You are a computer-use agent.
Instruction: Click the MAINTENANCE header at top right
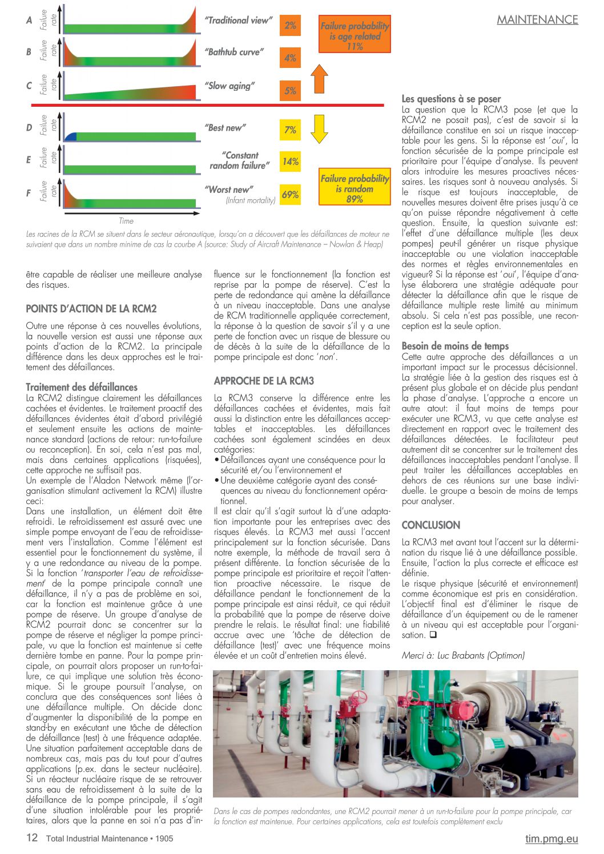537,19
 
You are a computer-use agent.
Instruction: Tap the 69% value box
290,195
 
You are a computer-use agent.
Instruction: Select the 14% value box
290,162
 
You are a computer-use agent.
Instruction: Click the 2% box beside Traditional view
290,26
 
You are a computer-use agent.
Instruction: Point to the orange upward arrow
320,79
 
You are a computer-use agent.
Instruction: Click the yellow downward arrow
320,128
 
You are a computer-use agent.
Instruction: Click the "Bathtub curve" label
234,52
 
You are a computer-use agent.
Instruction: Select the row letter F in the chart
29,193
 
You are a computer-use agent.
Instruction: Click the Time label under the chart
126,221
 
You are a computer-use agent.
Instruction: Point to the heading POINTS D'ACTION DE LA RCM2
91,309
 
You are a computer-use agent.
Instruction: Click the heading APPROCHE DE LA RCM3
264,381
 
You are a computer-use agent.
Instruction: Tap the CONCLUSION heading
431,525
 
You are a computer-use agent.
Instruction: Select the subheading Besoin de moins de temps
455,346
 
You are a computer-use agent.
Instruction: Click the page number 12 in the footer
32,838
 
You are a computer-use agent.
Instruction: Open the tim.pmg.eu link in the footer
551,839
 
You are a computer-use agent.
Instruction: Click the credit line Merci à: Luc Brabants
462,655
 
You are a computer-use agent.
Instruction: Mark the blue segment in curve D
70,136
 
